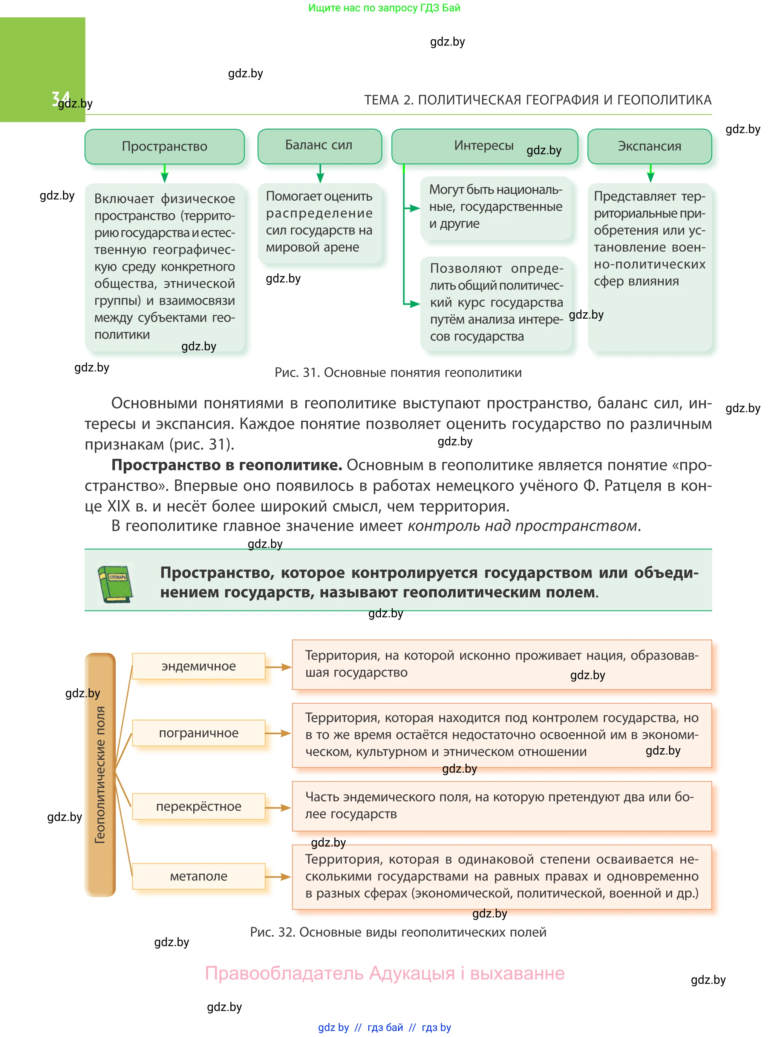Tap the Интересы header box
coord(484,146)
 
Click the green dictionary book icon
coord(115,583)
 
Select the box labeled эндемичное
coord(199,666)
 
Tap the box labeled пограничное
coord(199,733)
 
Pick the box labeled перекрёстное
coord(199,806)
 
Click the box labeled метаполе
coord(199,876)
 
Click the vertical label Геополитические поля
coord(100,775)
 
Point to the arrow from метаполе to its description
coord(278,877)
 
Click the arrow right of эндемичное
coord(278,667)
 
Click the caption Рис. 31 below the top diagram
coord(398,373)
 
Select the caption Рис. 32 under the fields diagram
coord(398,932)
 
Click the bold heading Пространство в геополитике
coord(227,465)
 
